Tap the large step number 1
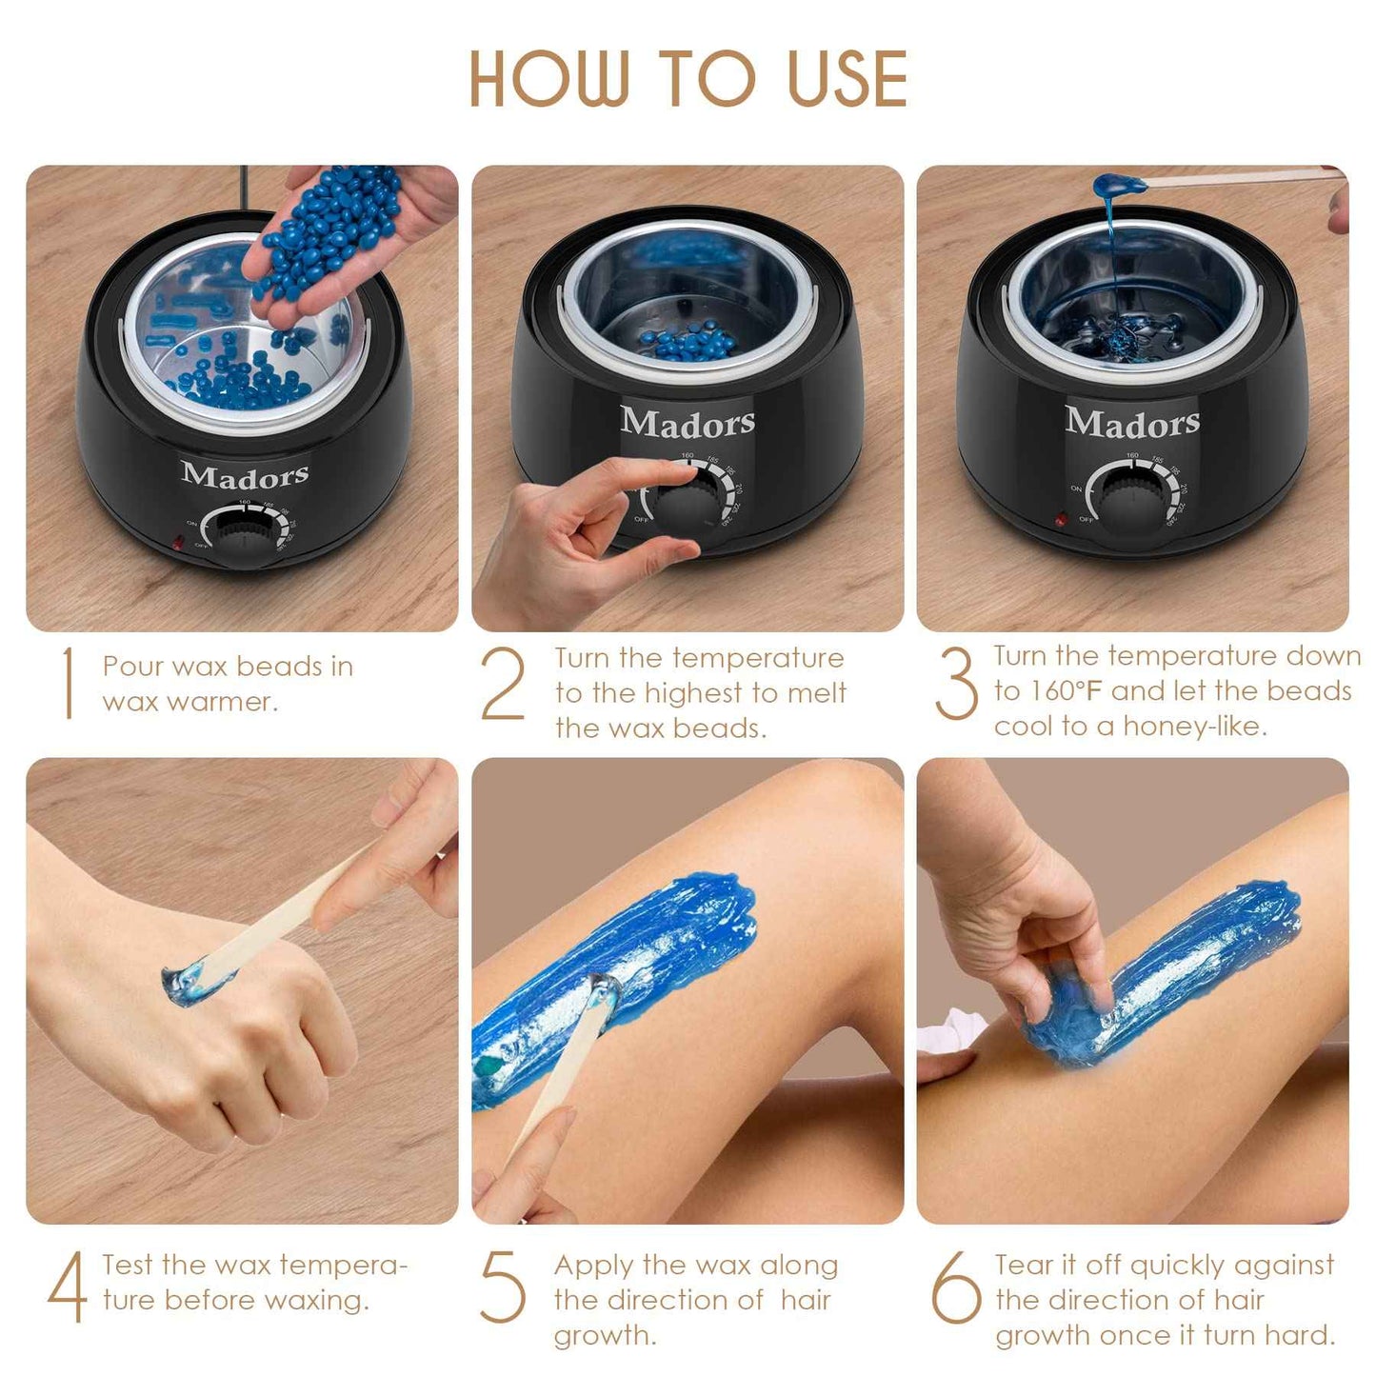pyautogui.click(x=68, y=683)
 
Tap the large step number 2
pyautogui.click(x=503, y=683)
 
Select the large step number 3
pyautogui.click(x=956, y=683)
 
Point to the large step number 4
pyautogui.click(x=68, y=1286)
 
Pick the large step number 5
pyautogui.click(x=503, y=1286)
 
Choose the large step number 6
pyautogui.click(x=956, y=1286)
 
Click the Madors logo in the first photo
pyautogui.click(x=245, y=474)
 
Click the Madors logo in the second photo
pyautogui.click(x=688, y=421)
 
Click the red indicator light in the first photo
pyautogui.click(x=176, y=544)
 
